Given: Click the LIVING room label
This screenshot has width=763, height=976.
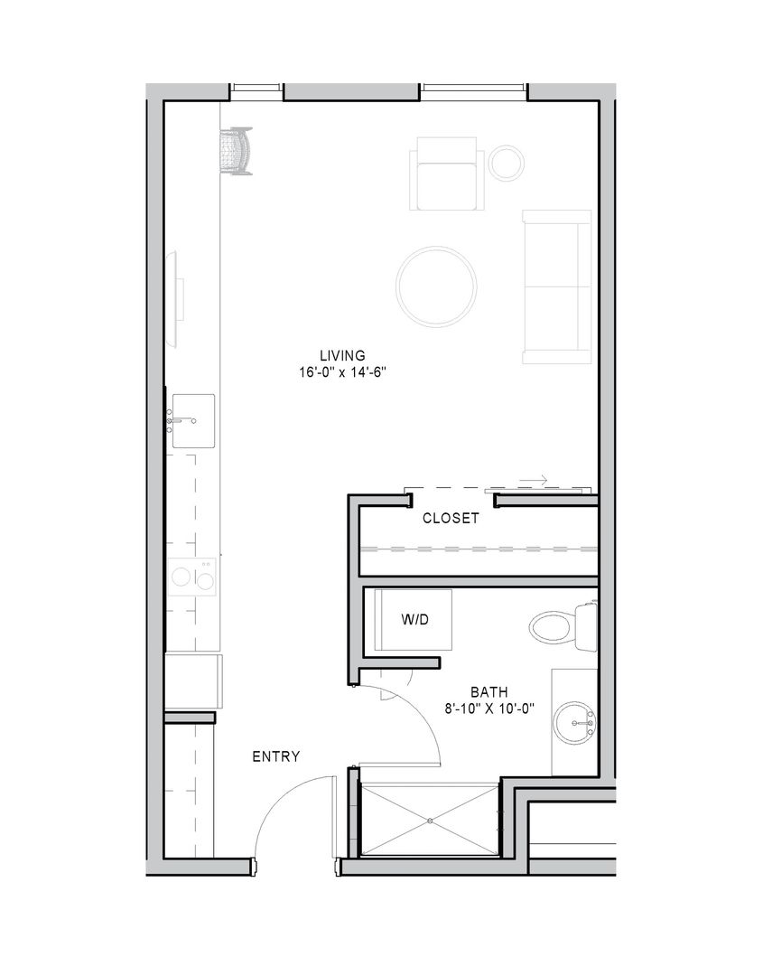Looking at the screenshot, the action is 342,355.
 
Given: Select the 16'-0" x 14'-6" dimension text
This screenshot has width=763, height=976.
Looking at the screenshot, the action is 342,372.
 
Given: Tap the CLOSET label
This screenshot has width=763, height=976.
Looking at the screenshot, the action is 451,518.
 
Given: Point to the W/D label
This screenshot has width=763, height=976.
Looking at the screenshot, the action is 414,620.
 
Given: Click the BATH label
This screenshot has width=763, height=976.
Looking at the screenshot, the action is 489,691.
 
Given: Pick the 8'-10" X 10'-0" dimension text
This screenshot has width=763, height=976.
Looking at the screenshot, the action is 490,709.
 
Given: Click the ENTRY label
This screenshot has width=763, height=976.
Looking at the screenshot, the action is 276,756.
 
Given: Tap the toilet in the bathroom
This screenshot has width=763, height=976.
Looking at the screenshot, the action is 563,627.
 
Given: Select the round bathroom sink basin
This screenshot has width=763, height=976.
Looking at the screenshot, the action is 575,723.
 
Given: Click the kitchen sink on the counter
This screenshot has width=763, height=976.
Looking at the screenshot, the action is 193,421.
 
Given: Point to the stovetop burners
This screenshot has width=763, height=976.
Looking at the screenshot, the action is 192,577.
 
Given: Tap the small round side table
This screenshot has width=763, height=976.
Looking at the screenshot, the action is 507,163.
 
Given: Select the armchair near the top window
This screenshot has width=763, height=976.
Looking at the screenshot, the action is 446,174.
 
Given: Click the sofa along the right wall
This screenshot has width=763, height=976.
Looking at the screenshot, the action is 557,287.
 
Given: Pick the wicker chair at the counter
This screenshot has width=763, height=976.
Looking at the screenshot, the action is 237,151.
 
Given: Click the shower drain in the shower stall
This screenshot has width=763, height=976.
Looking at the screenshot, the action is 431,821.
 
